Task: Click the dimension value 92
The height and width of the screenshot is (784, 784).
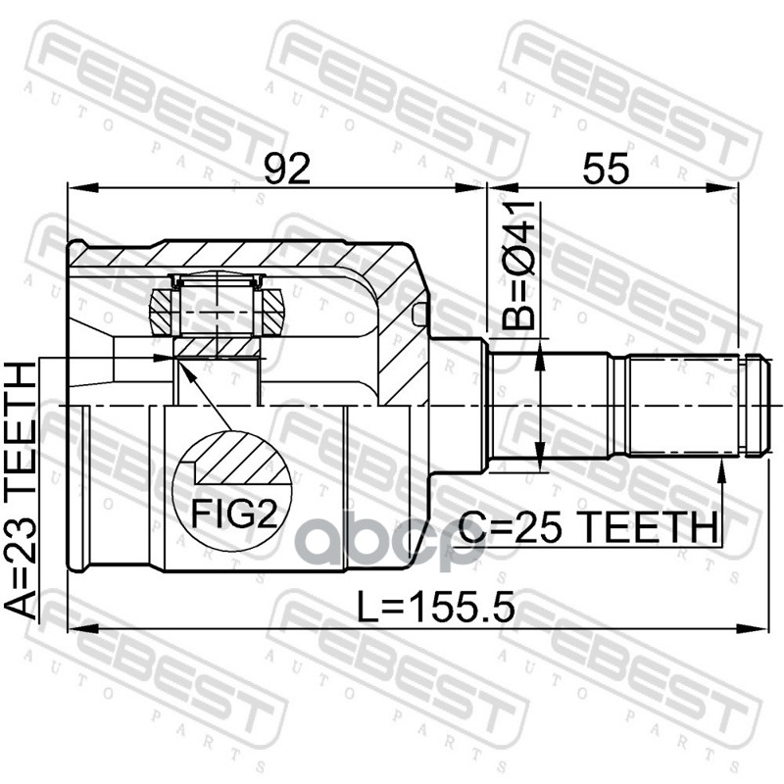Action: pyautogui.click(x=287, y=168)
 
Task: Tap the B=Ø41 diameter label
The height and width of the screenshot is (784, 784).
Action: pyautogui.click(x=518, y=266)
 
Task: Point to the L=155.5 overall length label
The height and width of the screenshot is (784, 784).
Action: pyautogui.click(x=435, y=606)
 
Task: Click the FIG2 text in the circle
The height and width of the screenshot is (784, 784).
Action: pyautogui.click(x=234, y=515)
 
